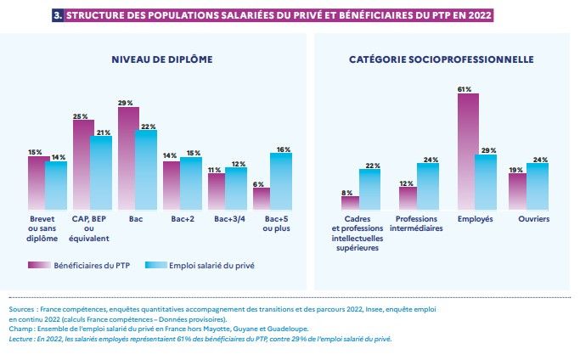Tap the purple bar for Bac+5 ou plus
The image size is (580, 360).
click(262, 198)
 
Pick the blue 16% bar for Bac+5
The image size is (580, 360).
click(280, 181)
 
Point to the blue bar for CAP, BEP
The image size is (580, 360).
click(101, 172)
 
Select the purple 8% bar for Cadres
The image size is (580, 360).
click(350, 202)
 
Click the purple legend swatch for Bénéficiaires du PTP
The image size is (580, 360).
click(38, 265)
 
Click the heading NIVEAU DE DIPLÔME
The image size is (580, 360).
click(161, 59)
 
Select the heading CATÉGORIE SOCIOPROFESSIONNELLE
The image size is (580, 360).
click(442, 59)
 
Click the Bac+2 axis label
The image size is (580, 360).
click(172, 219)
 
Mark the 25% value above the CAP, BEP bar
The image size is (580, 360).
click(81, 116)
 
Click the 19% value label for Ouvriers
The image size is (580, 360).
click(515, 170)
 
